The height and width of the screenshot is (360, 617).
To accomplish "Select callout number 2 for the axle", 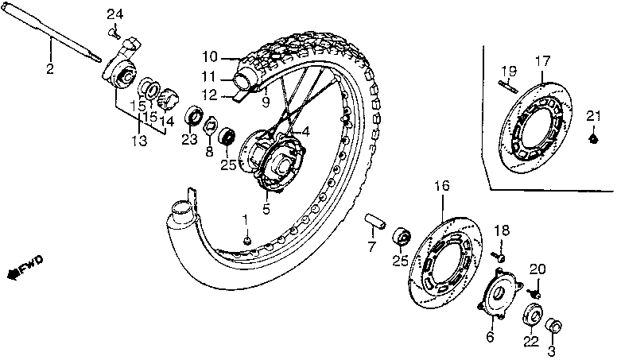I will (x=49, y=69).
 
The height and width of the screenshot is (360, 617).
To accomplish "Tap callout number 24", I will (x=116, y=15).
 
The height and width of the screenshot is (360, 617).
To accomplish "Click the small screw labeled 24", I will (x=115, y=33).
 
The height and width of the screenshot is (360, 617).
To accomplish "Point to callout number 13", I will (x=139, y=141).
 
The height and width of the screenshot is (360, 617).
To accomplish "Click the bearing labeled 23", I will (x=193, y=118).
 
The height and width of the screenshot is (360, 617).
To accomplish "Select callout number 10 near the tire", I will (x=208, y=57).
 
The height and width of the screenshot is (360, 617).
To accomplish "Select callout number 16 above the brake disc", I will (x=442, y=187).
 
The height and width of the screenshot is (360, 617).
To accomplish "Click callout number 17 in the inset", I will (x=542, y=61).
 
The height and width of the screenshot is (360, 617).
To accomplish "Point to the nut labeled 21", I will (x=592, y=139).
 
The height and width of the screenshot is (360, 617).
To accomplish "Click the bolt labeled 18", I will (x=499, y=256).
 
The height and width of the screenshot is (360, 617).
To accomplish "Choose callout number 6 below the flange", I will (x=490, y=337).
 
